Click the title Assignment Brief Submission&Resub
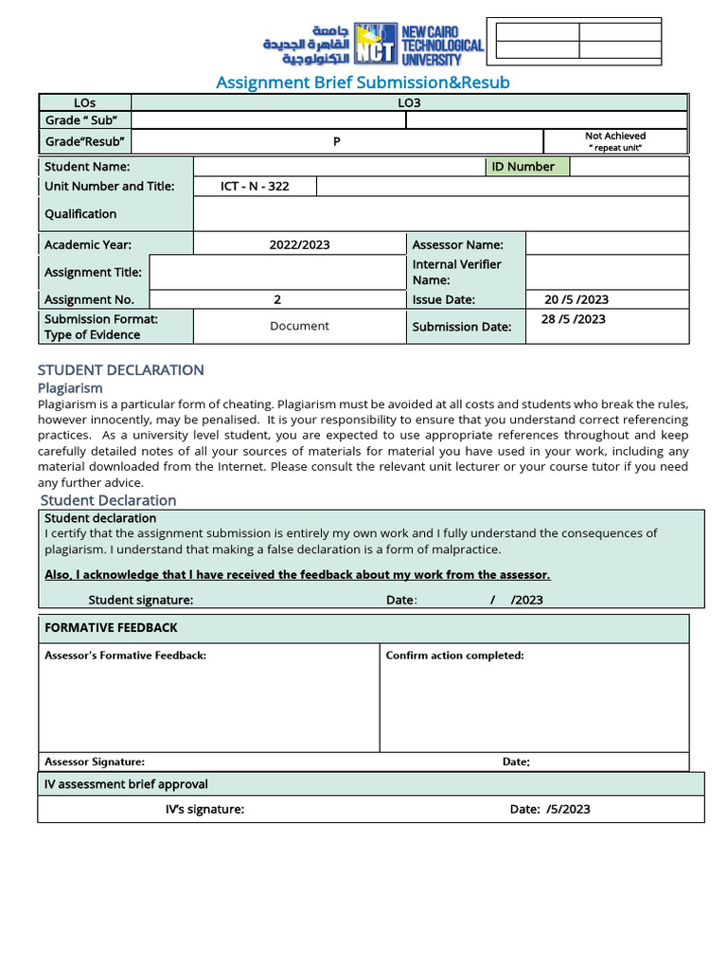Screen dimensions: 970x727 pos(363,82)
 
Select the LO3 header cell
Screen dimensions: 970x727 pos(409,102)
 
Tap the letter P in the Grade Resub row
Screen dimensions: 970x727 pos(336,142)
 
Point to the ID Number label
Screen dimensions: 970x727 pos(523,167)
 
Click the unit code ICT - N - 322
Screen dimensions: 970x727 pos(255,186)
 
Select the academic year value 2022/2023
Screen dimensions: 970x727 pos(299,244)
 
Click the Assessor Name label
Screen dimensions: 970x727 pos(457,244)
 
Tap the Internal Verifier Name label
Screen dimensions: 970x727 pos(456,272)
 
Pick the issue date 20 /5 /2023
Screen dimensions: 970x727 pos(576,299)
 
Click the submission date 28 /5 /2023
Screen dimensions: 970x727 pos(573,319)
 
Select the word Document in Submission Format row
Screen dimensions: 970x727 pos(299,326)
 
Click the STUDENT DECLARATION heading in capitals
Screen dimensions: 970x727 pos(120,369)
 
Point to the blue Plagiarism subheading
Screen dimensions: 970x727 pos(70,387)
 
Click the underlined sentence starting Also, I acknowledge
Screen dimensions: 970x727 pos(297,575)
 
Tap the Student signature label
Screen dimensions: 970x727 pos(141,600)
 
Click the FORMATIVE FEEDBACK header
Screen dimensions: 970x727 pos(111,628)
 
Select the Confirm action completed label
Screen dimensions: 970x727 pos(454,656)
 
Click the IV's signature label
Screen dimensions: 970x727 pos(204,809)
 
